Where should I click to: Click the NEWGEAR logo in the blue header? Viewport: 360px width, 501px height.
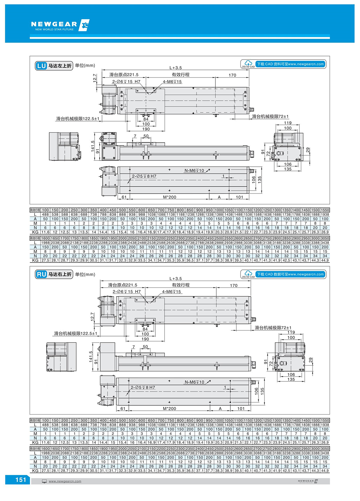(60, 25)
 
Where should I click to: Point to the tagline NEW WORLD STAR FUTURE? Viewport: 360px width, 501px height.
(54, 29)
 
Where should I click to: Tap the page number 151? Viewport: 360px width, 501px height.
(21, 480)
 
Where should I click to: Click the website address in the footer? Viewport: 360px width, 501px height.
(65, 481)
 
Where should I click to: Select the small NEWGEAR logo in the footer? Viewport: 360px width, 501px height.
(308, 481)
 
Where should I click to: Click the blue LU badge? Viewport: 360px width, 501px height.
(41, 66)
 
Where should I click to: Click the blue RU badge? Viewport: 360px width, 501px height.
(41, 274)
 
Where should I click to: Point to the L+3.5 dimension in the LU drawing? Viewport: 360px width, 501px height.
(175, 68)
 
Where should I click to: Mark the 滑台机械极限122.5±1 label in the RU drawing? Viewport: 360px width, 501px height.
(75, 333)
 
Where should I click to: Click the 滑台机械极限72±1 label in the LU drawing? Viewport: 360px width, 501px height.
(270, 116)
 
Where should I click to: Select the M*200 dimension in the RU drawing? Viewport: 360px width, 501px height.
(169, 408)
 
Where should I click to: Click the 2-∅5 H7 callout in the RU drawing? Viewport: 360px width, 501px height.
(143, 387)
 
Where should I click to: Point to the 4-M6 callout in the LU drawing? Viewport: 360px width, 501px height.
(172, 82)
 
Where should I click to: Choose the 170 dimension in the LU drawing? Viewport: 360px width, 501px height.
(232, 75)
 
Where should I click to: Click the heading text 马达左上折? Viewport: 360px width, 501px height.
(60, 66)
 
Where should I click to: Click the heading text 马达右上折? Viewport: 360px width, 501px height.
(60, 274)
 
